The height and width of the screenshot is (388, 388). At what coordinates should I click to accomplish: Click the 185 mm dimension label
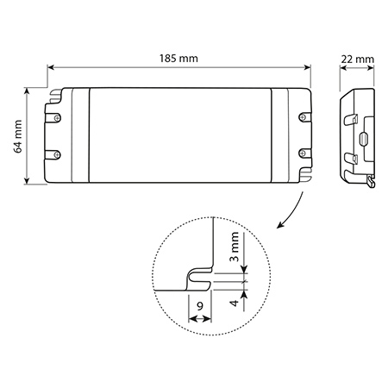coord(178,59)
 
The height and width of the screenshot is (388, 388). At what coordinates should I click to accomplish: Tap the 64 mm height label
coord(18,136)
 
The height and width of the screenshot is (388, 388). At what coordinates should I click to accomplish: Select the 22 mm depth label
coord(358,59)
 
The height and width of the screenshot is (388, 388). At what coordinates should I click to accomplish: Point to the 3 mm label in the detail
coord(235,247)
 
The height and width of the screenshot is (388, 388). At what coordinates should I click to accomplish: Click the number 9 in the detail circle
coord(200,306)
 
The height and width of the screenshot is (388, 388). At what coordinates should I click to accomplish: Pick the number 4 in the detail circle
coord(235,303)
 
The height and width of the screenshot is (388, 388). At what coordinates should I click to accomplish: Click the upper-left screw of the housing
coord(58,117)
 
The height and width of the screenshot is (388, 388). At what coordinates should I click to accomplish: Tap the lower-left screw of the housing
coord(57,154)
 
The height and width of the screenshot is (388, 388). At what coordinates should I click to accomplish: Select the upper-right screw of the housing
coord(303,116)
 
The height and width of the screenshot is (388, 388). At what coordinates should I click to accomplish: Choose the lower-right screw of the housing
coord(302,153)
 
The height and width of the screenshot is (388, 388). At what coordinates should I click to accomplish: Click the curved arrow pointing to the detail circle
coord(294,213)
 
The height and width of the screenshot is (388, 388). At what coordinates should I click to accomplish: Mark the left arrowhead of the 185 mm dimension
coord(51,67)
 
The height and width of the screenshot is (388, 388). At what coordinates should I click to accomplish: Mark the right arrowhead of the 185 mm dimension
coord(307,67)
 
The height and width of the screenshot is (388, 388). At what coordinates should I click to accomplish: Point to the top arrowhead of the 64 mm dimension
coord(27,91)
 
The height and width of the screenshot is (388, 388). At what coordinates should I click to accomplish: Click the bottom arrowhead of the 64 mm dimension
coord(27,180)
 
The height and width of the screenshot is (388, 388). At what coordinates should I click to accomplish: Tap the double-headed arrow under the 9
coord(200,318)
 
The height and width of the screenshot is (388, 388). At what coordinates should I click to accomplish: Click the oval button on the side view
coord(364,138)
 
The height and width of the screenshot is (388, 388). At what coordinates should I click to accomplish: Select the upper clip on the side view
coord(351,120)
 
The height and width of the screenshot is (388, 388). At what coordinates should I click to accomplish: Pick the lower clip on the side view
coord(351,159)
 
